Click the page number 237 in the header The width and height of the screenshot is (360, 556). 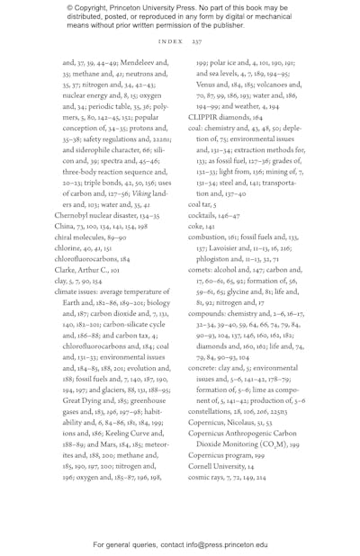[196, 41]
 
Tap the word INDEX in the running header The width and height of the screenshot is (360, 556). [170, 41]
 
